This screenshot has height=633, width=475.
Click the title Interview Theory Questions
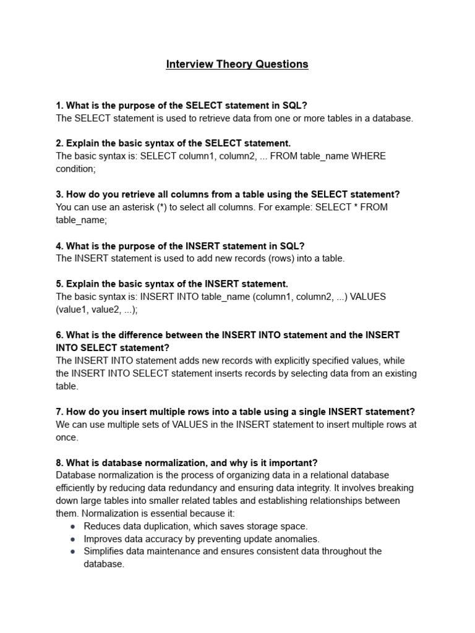[x=237, y=64]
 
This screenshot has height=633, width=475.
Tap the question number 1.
[x=59, y=105]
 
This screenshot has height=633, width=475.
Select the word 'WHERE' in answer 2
[x=369, y=156]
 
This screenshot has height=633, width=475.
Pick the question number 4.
[x=59, y=245]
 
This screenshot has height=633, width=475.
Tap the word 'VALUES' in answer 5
[x=369, y=297]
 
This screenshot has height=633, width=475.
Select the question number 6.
[x=59, y=335]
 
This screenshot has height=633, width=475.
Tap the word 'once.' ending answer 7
[x=67, y=437]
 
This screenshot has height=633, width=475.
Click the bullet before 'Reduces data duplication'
[x=73, y=527]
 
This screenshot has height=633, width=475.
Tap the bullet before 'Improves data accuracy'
[x=73, y=539]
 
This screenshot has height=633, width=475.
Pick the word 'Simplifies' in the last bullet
[x=106, y=551]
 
